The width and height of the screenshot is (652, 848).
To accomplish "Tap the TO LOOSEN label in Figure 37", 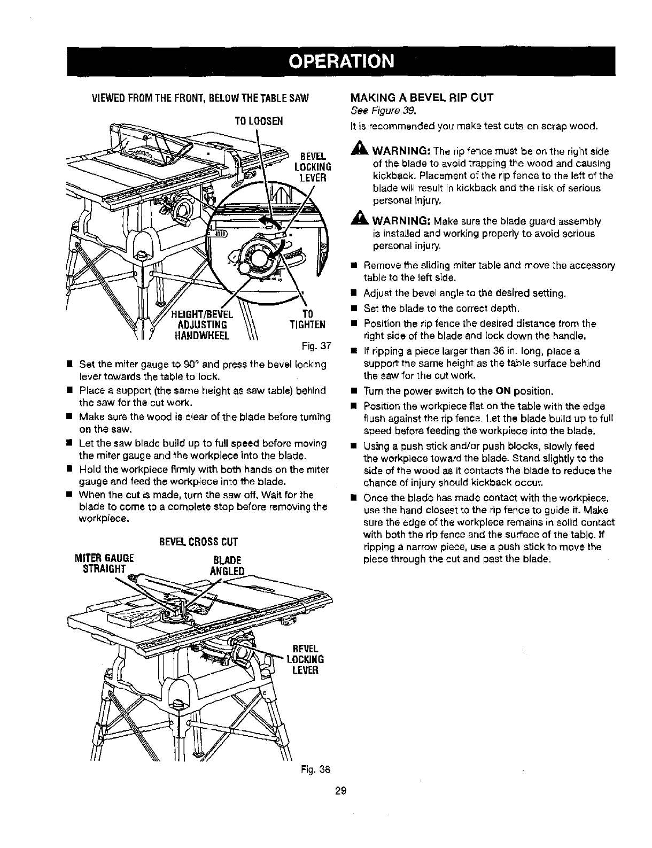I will [x=258, y=121].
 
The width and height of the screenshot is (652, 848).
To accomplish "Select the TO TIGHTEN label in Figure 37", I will [x=307, y=319].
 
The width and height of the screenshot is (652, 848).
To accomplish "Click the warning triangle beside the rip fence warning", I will [x=356, y=151].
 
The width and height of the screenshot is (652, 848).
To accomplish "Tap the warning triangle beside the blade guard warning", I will [x=356, y=221].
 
